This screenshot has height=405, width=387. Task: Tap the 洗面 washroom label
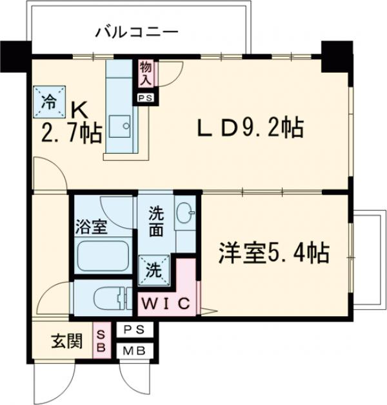157,220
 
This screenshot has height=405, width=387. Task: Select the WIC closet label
165,303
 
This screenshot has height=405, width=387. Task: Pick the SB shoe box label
101,339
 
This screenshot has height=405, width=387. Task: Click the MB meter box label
135,351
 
